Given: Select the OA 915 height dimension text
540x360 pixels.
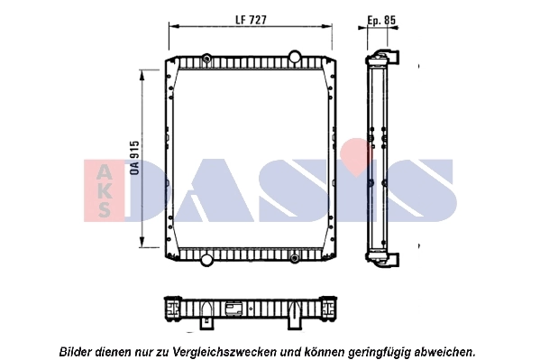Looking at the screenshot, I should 134,157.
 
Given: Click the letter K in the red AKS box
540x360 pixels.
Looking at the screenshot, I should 104,191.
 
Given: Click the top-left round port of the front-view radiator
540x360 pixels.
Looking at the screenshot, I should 207,60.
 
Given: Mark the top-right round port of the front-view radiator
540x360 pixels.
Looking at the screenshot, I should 294,56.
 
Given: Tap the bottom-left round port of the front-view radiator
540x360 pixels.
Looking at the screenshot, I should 207,260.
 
